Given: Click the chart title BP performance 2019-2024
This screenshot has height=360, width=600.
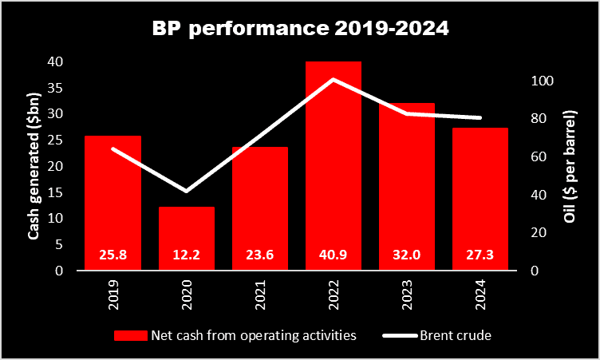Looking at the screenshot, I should tap(300, 30).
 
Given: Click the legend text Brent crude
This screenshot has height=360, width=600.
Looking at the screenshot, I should tap(456, 335).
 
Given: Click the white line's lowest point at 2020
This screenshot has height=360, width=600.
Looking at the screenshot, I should tap(187, 192).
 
